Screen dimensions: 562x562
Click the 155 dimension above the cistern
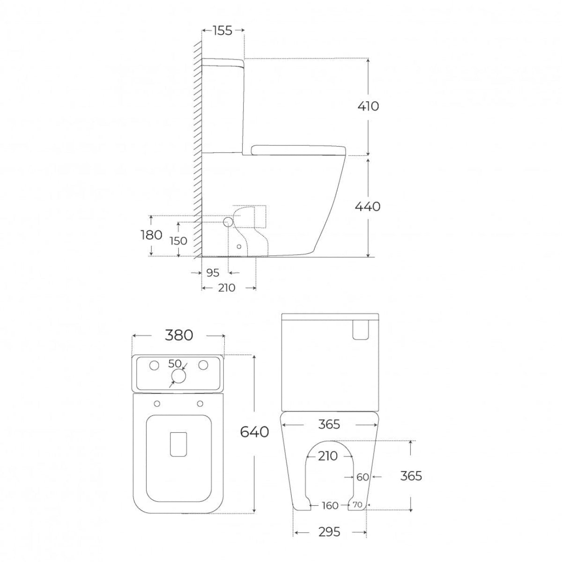pos(222,30)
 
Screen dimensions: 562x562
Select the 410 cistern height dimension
pos(369,106)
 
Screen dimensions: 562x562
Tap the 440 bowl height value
pos(368,207)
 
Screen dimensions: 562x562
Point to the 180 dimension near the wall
pos(151,235)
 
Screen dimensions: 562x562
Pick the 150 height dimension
pos(178,241)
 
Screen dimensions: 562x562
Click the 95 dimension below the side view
pos(213,273)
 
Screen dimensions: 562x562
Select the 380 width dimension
pos(179,335)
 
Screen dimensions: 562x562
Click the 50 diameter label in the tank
pos(175,364)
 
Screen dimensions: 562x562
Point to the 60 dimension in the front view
pos(363,477)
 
